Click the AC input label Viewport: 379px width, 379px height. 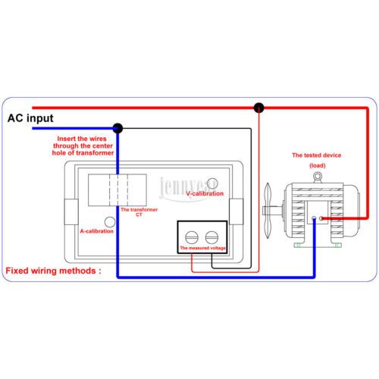tap(30, 118)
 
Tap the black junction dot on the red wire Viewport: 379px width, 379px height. tap(258, 108)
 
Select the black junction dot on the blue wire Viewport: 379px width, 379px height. tap(117, 128)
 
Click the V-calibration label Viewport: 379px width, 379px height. tap(205, 193)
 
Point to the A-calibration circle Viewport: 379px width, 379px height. tap(110, 222)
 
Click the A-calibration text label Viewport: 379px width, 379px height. tap(97, 231)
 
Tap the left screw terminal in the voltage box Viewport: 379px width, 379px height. tap(192, 237)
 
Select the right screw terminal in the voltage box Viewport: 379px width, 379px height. tap(211, 237)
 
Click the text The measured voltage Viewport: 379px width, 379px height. tap(202, 248)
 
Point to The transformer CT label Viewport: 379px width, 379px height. tap(139, 212)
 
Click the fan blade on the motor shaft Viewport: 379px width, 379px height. tap(268, 211)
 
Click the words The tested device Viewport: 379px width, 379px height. tap(317, 155)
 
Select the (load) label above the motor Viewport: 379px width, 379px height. tap(318, 165)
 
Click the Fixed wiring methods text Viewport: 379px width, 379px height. tap(53, 271)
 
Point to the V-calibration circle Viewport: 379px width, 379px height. tap(212, 183)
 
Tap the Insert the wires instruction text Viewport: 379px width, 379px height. tap(83, 146)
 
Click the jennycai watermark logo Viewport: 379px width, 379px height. tap(188, 189)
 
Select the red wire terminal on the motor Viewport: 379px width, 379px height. tap(321, 218)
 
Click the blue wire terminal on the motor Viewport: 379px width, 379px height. tap(314, 218)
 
